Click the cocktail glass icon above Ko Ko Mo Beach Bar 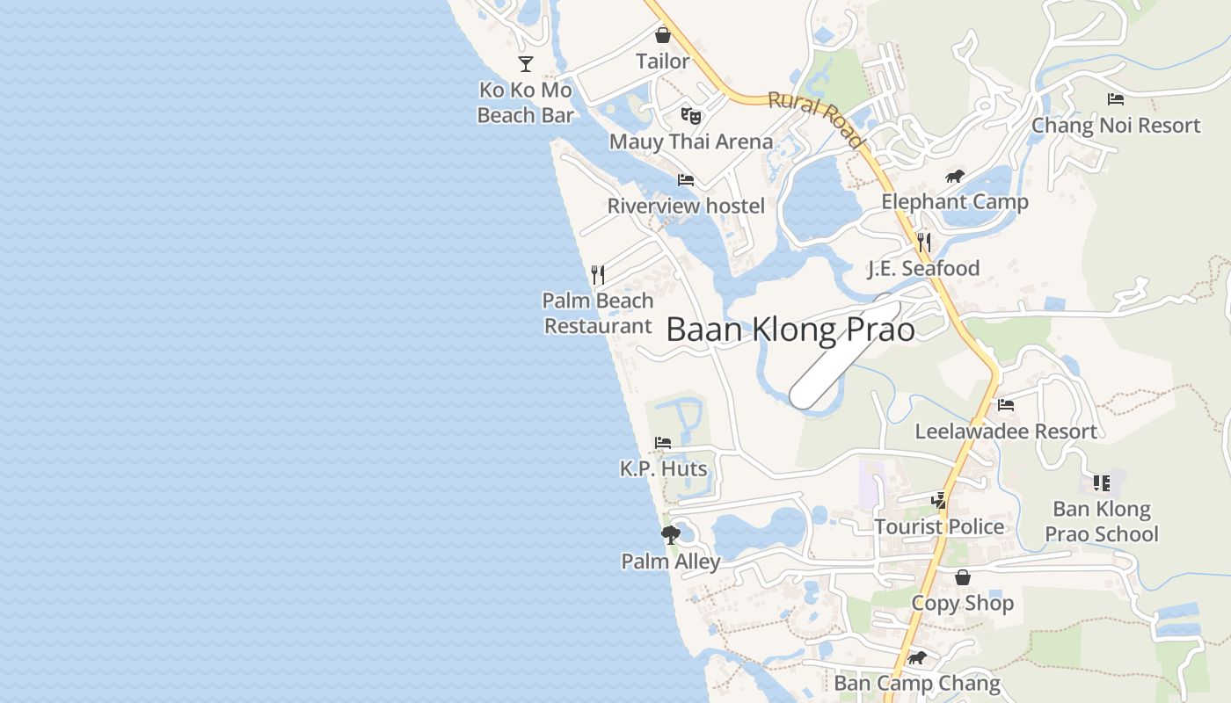pyautogui.click(x=526, y=63)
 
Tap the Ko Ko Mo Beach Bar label pyautogui.click(x=525, y=102)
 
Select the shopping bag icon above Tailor pyautogui.click(x=663, y=35)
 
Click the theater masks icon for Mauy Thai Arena pyautogui.click(x=691, y=115)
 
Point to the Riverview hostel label pyautogui.click(x=686, y=206)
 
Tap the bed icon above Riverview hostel pyautogui.click(x=686, y=180)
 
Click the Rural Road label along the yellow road pyautogui.click(x=816, y=118)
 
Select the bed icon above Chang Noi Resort pyautogui.click(x=1116, y=99)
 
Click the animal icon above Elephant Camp pyautogui.click(x=955, y=177)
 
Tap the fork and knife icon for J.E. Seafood pyautogui.click(x=923, y=242)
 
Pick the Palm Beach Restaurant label pyautogui.click(x=598, y=313)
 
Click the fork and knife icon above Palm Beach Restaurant pyautogui.click(x=598, y=275)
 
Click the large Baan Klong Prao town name pyautogui.click(x=790, y=330)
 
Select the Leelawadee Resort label pyautogui.click(x=1006, y=431)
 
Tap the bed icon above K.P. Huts pyautogui.click(x=663, y=443)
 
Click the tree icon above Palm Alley pyautogui.click(x=671, y=534)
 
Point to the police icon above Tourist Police pyautogui.click(x=939, y=501)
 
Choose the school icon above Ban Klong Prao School pyautogui.click(x=1102, y=482)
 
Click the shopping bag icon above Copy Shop pyautogui.click(x=963, y=577)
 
